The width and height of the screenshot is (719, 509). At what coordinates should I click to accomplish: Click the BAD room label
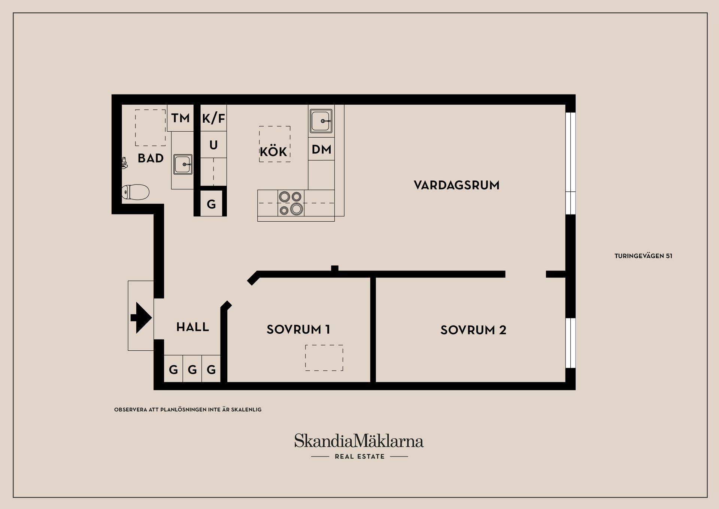coord(151,158)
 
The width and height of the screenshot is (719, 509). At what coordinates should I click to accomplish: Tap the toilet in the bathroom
coord(136,192)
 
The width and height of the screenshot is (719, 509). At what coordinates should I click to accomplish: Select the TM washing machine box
coord(180,118)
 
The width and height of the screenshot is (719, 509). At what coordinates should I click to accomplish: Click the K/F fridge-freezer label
coord(213,119)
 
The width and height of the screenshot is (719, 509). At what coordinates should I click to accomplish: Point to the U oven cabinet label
coord(213,145)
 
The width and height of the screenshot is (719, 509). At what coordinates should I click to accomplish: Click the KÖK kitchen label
coord(273,152)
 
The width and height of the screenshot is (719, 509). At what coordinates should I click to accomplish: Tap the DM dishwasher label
coord(321,149)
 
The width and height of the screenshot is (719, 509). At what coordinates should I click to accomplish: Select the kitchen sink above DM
coord(321,121)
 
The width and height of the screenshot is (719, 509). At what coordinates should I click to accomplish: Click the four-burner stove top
coord(291,203)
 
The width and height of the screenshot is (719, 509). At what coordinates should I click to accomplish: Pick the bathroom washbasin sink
coord(183,164)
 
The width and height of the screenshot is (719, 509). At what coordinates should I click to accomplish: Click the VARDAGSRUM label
coord(456,185)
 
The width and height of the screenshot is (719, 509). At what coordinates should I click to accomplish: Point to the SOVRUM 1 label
coord(298,330)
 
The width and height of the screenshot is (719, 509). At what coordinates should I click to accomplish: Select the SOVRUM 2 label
coord(473,330)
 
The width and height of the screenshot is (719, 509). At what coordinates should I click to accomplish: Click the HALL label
coord(192,327)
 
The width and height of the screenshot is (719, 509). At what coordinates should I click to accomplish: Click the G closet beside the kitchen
coord(211,204)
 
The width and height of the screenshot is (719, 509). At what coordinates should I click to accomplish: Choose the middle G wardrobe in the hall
coord(192,370)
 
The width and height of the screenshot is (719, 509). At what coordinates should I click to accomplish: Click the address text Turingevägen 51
coord(643,256)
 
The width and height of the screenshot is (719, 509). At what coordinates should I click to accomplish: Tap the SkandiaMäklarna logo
coord(359,441)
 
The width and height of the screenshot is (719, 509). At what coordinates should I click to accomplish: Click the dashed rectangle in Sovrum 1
coord(324,358)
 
